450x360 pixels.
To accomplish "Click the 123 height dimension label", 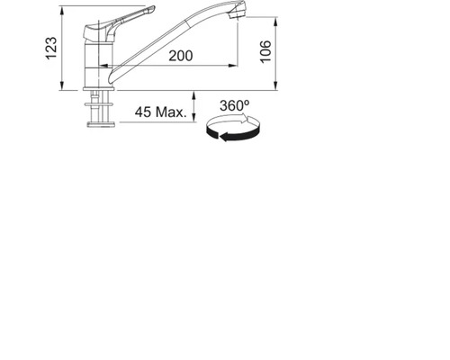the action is [x=51, y=48].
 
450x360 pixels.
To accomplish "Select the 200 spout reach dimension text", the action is [x=181, y=56].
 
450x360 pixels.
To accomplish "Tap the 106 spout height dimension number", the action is [x=265, y=51].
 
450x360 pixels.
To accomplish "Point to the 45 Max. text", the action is [x=161, y=112].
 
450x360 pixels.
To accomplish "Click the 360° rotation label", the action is [x=234, y=105].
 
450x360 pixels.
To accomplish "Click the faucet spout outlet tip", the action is [x=238, y=13].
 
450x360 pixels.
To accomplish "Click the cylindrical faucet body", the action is [x=98, y=64].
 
